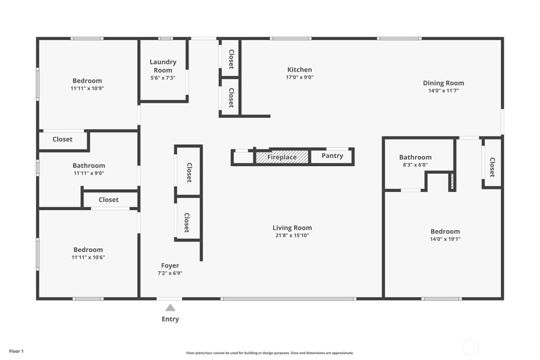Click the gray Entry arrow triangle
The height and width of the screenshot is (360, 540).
click(x=170, y=308)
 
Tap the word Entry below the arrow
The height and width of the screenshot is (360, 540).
click(x=170, y=319)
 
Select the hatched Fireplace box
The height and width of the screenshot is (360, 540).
click(x=282, y=157)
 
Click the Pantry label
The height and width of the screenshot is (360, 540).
click(x=332, y=155)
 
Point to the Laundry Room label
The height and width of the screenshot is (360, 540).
click(x=163, y=66)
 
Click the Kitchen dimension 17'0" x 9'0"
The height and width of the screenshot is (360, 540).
click(x=299, y=77)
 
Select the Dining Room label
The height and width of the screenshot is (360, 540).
click(x=443, y=83)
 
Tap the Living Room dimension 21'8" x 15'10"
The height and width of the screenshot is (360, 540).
click(x=292, y=235)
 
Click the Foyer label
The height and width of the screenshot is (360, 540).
click(x=170, y=265)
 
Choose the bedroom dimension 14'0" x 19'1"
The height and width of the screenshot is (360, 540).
click(x=445, y=239)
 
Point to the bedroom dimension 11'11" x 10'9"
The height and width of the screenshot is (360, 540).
click(x=87, y=88)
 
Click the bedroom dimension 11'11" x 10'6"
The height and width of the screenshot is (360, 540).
click(x=88, y=257)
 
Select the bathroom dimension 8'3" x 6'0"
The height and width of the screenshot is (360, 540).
click(x=415, y=165)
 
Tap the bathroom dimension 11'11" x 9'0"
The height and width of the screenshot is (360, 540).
click(x=89, y=173)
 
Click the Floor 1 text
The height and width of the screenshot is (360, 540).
click(x=16, y=351)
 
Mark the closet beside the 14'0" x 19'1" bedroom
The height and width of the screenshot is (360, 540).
click(x=492, y=167)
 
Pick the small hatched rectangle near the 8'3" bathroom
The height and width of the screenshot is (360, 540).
click(x=452, y=181)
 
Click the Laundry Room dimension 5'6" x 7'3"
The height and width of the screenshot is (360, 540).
click(x=163, y=78)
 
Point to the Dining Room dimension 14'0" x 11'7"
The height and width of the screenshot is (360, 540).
click(x=443, y=91)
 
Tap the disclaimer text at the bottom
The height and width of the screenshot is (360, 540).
click(x=270, y=353)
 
